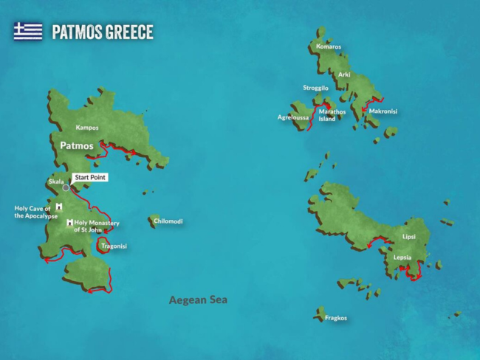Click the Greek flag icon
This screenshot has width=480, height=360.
[x=28, y=31]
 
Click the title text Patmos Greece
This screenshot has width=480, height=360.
[x=102, y=32]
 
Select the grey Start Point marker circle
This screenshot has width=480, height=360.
[x=66, y=187]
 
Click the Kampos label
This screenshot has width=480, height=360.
[x=87, y=128]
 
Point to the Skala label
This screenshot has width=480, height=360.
[x=56, y=181]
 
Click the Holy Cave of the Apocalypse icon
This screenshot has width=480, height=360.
[x=58, y=206]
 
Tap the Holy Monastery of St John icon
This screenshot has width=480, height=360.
[x=69, y=222]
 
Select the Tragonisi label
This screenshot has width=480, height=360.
[x=114, y=246]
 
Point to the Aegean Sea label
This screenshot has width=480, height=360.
[x=198, y=300]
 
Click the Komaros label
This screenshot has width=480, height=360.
[x=329, y=47]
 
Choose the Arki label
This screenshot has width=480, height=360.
[x=344, y=75]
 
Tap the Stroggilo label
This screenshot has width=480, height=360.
[x=315, y=88]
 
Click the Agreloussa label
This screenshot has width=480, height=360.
[x=292, y=117]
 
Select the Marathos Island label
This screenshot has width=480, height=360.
[x=332, y=115]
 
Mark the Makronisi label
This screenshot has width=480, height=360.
[x=383, y=111]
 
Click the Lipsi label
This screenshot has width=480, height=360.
[x=409, y=237]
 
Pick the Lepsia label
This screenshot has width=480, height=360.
[x=402, y=257]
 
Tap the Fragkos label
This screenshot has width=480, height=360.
[x=335, y=318]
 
